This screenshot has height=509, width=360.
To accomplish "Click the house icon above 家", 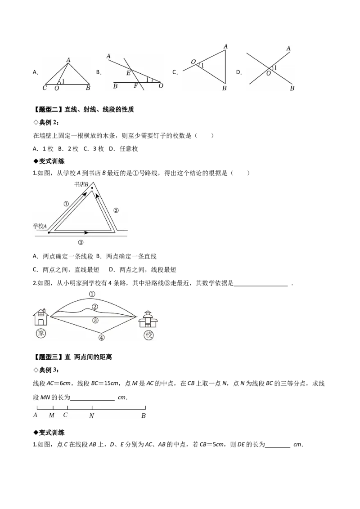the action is click(41, 317).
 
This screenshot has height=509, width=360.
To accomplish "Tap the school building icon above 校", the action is click(148, 319).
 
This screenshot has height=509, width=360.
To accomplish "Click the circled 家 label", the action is click(40, 333).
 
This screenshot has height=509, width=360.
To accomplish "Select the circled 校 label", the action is click(148, 335).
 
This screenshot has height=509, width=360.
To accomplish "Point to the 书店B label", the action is click(81, 184).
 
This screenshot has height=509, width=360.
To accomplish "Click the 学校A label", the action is click(40, 226).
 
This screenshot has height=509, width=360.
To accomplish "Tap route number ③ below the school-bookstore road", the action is click(81, 242).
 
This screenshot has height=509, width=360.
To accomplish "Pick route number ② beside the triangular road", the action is click(116, 210).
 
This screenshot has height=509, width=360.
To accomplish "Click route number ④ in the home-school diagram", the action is click(102, 338).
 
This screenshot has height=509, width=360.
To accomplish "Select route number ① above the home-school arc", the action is click(92, 294).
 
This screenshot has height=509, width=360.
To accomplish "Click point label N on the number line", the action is click(92, 415).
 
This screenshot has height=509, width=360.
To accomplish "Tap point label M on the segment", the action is click(52, 415).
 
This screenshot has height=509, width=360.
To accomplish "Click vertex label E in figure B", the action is click(128, 73).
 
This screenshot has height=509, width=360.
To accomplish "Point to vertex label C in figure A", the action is click(45, 88).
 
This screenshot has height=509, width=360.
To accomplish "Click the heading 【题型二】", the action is click(49, 109).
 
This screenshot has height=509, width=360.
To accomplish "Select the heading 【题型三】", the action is click(49, 357).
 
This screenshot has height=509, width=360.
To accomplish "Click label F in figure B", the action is click(135, 86).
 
